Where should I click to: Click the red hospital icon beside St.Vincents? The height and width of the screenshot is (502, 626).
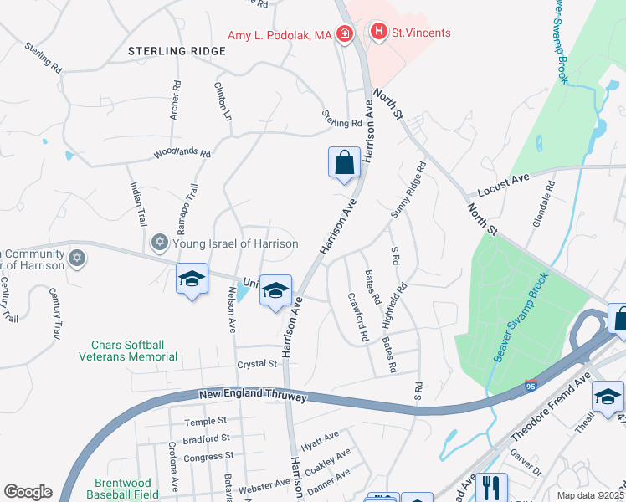[379, 33]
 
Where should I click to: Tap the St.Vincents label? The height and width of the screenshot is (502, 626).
[422, 33]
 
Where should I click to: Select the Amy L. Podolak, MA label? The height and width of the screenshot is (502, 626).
[280, 34]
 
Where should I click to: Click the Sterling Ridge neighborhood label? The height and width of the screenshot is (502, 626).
[177, 51]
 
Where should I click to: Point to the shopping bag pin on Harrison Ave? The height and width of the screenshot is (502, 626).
[345, 162]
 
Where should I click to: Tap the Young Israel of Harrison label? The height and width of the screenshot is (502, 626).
[235, 243]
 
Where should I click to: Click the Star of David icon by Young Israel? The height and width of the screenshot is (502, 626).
[159, 243]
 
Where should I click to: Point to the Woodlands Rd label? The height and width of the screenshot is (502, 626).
[182, 154]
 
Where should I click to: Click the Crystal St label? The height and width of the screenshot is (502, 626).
[256, 364]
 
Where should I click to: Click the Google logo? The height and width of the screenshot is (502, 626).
[27, 492]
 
